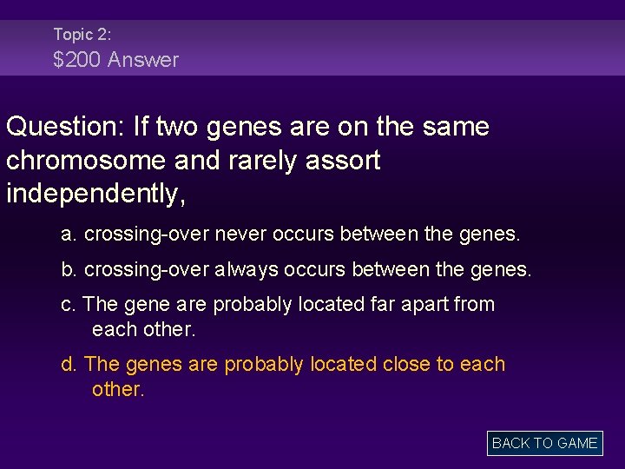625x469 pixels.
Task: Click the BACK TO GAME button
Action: coord(544,443)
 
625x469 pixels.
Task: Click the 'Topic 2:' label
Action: coord(82,34)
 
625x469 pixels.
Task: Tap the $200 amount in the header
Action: coord(76,60)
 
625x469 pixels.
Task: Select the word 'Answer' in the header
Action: coord(143,60)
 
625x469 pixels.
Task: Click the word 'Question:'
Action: coord(66,128)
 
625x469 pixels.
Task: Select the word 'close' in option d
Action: coord(403,364)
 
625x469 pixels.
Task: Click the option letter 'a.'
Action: coord(69,235)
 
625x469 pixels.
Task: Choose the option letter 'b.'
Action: coord(69,270)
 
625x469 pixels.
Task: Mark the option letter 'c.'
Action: coord(69,305)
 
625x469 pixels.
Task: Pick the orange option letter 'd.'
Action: coord(69,364)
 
